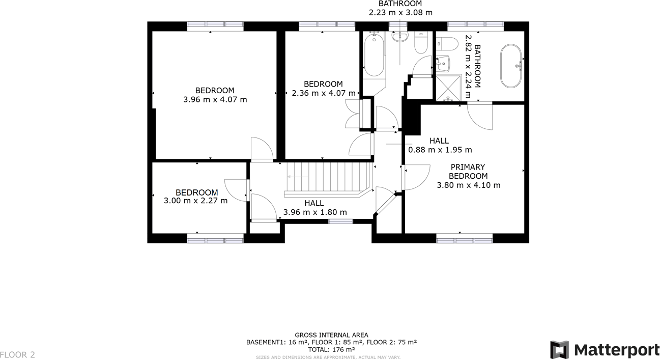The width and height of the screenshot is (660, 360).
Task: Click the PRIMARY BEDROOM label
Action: click(x=468, y=172)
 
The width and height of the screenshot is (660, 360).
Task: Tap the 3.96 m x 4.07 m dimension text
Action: click(x=215, y=100)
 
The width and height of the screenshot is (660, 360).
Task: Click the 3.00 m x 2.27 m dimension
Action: click(x=195, y=201)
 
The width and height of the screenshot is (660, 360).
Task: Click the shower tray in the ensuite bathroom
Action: click(x=448, y=88)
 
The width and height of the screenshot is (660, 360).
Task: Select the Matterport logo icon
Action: click(x=559, y=350)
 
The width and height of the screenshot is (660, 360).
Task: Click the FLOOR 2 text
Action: click(x=17, y=355)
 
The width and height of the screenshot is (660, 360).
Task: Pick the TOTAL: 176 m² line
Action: click(x=331, y=350)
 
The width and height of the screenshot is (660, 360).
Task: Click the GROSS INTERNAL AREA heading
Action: click(x=331, y=335)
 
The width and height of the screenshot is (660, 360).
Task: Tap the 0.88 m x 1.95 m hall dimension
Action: click(x=440, y=150)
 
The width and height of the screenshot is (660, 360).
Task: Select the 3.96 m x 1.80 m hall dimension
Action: click(x=315, y=212)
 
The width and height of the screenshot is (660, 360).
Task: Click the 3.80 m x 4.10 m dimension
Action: click(x=468, y=185)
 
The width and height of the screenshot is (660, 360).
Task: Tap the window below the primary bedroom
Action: click(x=464, y=238)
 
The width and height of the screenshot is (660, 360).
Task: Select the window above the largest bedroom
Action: click(x=215, y=26)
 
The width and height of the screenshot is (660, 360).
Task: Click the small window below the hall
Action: click(x=340, y=221)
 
